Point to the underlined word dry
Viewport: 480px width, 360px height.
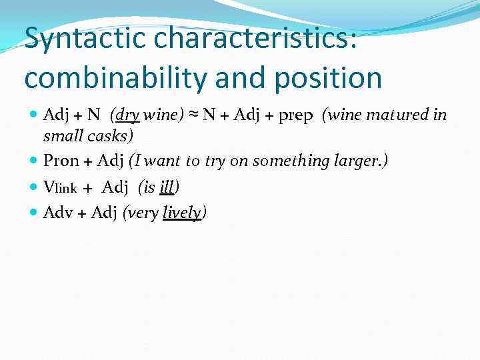(x=127, y=115)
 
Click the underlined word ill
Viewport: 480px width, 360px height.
(x=166, y=187)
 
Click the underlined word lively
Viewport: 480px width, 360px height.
(x=182, y=213)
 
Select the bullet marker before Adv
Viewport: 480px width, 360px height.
(x=35, y=213)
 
